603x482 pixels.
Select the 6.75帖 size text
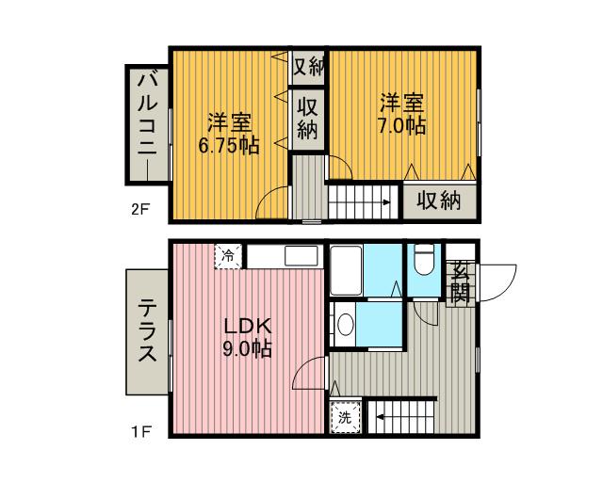pos(229,145)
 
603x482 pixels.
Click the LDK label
pos(247,327)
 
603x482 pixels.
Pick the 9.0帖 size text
pos(247,349)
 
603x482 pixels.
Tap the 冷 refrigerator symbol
pos(228,254)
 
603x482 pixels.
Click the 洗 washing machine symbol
pos(345,415)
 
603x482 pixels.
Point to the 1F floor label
pos(140,433)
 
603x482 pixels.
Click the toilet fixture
pos(422,260)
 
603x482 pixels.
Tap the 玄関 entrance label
pos(460,280)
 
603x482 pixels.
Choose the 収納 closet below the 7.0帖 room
pos(439,201)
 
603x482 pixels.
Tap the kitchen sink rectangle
pos(301,257)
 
